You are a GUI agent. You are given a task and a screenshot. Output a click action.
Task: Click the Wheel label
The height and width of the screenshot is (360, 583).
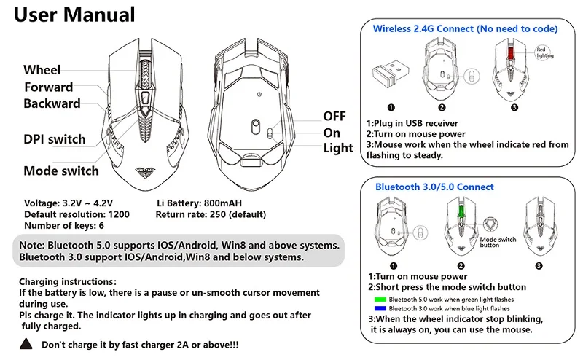point(42,70)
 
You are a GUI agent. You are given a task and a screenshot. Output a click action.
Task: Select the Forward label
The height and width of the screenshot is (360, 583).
point(48,87)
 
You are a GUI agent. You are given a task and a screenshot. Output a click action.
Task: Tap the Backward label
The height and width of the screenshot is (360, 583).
point(51,103)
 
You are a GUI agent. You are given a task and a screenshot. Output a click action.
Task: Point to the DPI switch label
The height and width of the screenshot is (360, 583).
point(54,139)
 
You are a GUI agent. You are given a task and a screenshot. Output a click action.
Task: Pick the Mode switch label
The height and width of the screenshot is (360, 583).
point(60,171)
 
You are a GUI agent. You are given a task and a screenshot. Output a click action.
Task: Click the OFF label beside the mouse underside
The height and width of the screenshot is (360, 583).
point(334,117)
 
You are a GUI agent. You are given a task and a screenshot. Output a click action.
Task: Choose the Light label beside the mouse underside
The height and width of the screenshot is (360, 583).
point(338,149)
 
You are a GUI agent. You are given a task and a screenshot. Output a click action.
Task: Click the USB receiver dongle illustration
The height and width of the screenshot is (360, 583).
point(391,73)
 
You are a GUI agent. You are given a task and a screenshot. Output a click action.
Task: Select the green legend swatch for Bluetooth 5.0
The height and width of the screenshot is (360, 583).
point(377,299)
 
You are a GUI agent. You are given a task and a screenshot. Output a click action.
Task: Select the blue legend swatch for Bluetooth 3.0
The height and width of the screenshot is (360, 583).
point(377,308)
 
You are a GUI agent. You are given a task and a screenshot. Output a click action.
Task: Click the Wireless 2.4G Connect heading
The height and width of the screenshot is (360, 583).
point(465,28)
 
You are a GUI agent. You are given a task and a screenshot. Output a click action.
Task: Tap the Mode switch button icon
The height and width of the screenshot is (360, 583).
point(497,224)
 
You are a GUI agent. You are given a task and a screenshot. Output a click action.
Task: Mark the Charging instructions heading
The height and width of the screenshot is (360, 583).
point(67,281)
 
